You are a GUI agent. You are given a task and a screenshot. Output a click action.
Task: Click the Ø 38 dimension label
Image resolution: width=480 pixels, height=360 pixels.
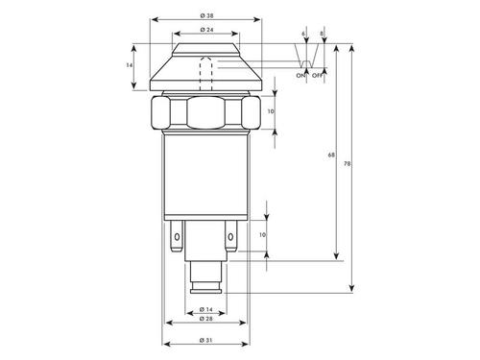coord(206,15)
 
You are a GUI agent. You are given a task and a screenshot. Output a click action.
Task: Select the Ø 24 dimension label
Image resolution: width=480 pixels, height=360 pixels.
coord(206,30)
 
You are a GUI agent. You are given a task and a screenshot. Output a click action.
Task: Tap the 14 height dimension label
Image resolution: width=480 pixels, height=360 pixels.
coord(129,65)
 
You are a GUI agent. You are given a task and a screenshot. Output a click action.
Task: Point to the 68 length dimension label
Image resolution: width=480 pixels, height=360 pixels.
coord(331,155)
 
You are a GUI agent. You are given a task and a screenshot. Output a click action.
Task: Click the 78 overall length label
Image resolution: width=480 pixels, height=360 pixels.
coord(347,163)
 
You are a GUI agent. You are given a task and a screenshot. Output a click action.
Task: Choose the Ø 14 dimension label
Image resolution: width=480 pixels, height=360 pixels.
coord(205,309)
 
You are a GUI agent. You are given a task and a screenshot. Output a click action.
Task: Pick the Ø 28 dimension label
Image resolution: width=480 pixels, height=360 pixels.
coord(205,319)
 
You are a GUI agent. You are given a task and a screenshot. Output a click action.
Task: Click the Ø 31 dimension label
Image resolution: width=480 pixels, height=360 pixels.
coord(205,340)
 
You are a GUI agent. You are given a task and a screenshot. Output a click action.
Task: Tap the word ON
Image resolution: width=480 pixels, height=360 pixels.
coord(300,76)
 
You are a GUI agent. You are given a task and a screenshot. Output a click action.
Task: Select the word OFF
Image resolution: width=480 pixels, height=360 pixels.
coord(317,76)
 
